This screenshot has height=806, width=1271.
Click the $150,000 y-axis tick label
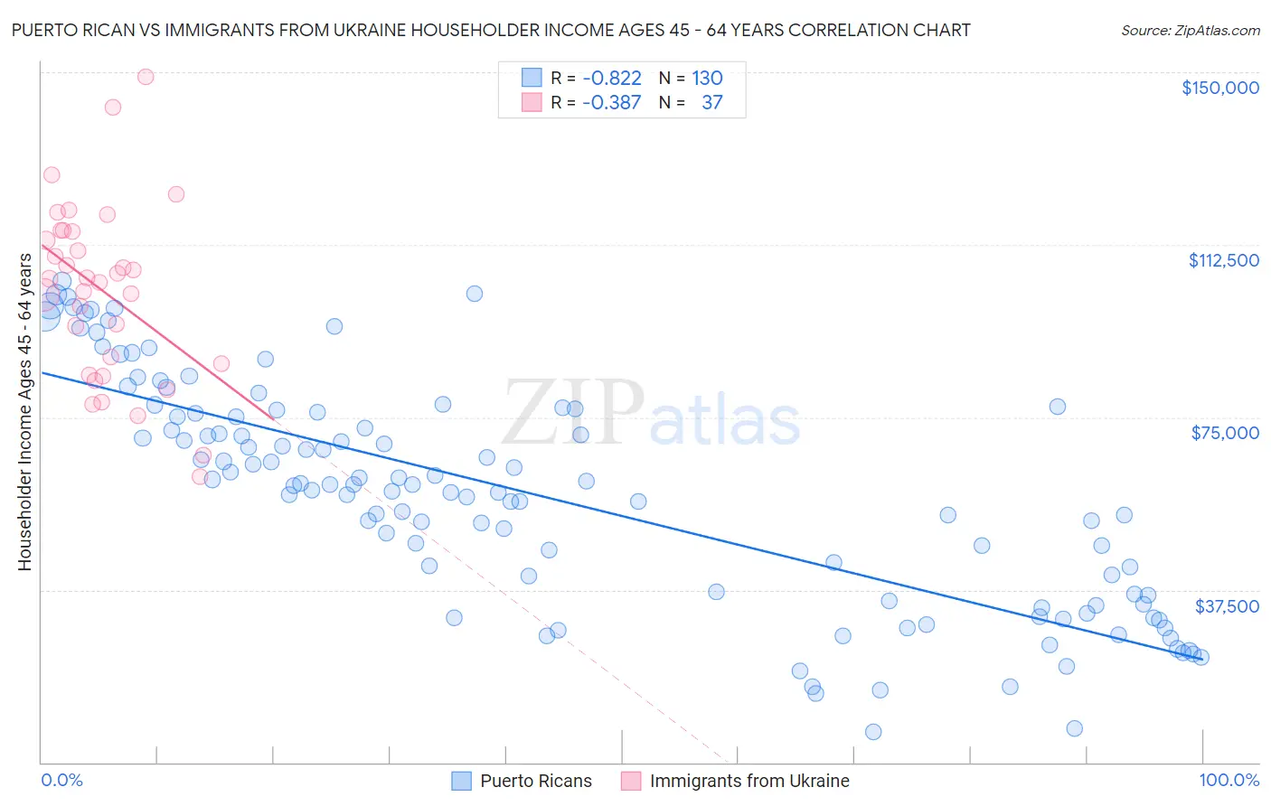(x=1219, y=88)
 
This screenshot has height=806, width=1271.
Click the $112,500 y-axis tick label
(x=1223, y=260)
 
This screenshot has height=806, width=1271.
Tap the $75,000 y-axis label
(x=1225, y=433)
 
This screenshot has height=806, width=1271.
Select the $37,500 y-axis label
(x=1226, y=606)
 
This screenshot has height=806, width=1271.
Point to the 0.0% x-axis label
(x=61, y=780)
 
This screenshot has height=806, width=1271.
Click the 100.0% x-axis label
(x=1229, y=780)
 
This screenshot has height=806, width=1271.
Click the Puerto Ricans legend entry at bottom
(x=535, y=781)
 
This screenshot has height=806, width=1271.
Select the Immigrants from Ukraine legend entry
(x=748, y=781)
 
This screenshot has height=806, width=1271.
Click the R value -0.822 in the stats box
(x=611, y=79)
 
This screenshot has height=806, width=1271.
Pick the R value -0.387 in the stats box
(x=611, y=103)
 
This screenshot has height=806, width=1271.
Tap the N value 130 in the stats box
(x=707, y=79)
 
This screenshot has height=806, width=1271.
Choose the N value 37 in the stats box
(x=711, y=103)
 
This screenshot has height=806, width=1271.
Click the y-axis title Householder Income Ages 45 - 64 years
(x=24, y=412)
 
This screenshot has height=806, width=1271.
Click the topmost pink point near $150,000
(x=146, y=77)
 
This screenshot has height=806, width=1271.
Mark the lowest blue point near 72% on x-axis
(x=873, y=732)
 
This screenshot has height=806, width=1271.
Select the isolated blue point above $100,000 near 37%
(x=475, y=294)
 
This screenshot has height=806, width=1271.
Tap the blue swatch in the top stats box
(x=532, y=79)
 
